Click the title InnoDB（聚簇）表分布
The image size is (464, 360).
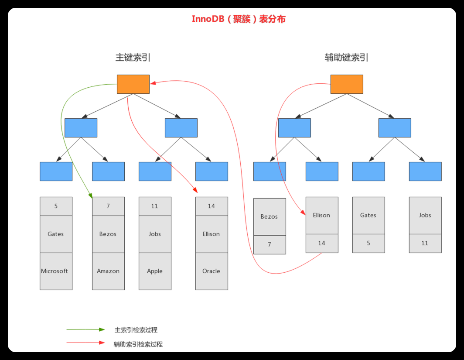(239, 19)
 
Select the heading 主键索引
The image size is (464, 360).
(133, 57)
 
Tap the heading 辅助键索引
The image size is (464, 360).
(346, 57)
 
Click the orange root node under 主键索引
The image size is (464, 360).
(133, 84)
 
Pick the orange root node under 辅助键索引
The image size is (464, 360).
(346, 84)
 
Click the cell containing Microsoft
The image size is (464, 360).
(56, 271)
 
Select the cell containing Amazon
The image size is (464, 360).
(108, 271)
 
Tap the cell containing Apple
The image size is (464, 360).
(155, 271)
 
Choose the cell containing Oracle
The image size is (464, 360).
(212, 271)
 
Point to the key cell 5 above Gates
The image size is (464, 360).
(56, 206)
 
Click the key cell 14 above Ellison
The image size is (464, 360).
(212, 206)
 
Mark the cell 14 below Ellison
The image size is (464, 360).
(322, 243)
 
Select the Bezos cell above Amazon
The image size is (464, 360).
(108, 234)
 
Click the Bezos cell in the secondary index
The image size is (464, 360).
(270, 216)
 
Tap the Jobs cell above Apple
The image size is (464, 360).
(155, 234)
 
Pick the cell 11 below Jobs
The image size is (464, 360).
(425, 243)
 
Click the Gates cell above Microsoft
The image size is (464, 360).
(56, 234)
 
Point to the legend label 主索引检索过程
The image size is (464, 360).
(136, 330)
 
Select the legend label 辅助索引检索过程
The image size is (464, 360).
(138, 344)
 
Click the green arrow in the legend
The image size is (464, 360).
(85, 329)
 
